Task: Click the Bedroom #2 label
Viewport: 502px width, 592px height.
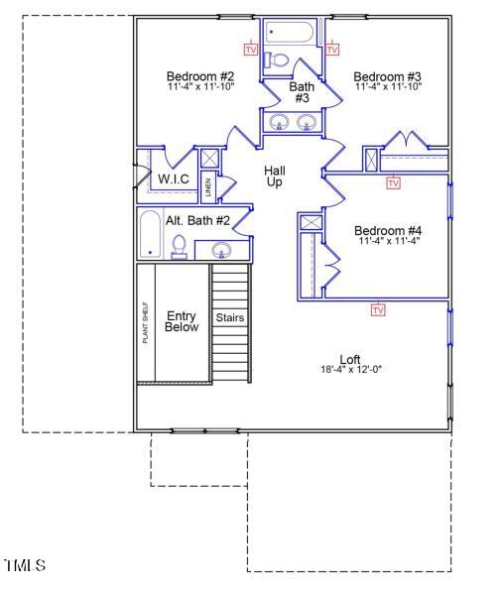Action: [199, 76]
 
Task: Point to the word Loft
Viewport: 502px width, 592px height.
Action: [350, 359]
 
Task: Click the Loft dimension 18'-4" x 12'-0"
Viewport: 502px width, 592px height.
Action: [350, 370]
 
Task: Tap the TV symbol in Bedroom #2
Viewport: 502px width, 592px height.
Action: [250, 49]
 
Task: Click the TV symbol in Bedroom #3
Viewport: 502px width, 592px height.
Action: [332, 49]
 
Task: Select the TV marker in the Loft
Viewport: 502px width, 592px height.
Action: [377, 310]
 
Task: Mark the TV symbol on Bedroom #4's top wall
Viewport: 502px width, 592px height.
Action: [393, 182]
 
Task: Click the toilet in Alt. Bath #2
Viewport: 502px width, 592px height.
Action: [180, 246]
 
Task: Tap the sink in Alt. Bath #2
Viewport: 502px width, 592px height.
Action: [220, 249]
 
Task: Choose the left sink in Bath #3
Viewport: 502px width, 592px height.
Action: [281, 123]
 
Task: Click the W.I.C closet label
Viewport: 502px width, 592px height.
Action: [174, 178]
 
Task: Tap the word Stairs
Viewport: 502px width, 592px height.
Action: [230, 318]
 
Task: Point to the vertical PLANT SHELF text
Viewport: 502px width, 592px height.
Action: [146, 322]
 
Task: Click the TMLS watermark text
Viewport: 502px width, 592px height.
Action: [25, 566]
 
